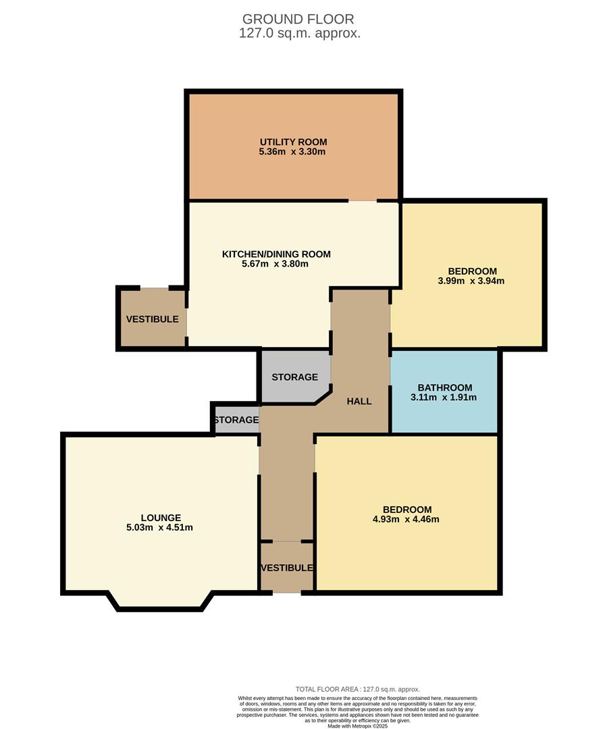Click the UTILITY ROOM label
[x=293, y=142]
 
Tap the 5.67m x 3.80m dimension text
[x=275, y=264]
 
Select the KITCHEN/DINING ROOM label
[x=276, y=254]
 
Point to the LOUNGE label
[x=161, y=518]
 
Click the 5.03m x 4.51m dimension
[x=159, y=528]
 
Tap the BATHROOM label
[x=445, y=387]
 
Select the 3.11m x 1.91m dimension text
[x=444, y=398]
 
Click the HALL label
[x=359, y=401]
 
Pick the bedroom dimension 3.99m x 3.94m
[x=471, y=281]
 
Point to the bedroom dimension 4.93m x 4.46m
[x=406, y=519]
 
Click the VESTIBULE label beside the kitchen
[x=152, y=319]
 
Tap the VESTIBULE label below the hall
[x=286, y=568]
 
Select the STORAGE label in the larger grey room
[x=295, y=377]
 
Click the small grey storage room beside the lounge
[x=236, y=419]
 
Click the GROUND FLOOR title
[x=298, y=19]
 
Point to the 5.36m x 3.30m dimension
[x=292, y=152]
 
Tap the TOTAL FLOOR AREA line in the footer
[x=358, y=689]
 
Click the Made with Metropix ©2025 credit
[x=358, y=726]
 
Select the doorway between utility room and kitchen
[x=363, y=201]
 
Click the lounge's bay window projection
[x=161, y=601]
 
